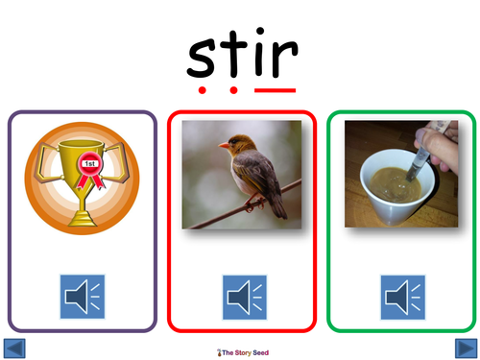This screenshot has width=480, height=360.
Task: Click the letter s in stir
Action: (x=203, y=59)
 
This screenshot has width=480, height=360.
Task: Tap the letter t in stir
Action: (x=234, y=54)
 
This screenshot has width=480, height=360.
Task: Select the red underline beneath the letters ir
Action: (x=276, y=90)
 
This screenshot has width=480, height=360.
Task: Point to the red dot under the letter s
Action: (x=203, y=92)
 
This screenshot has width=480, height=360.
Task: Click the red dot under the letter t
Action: (x=234, y=92)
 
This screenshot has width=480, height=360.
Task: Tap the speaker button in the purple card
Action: (x=83, y=297)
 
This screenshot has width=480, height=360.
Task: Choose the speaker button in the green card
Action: (x=402, y=297)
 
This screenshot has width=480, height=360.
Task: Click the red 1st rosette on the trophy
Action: (x=88, y=165)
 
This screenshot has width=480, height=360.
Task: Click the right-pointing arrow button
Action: (x=466, y=348)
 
